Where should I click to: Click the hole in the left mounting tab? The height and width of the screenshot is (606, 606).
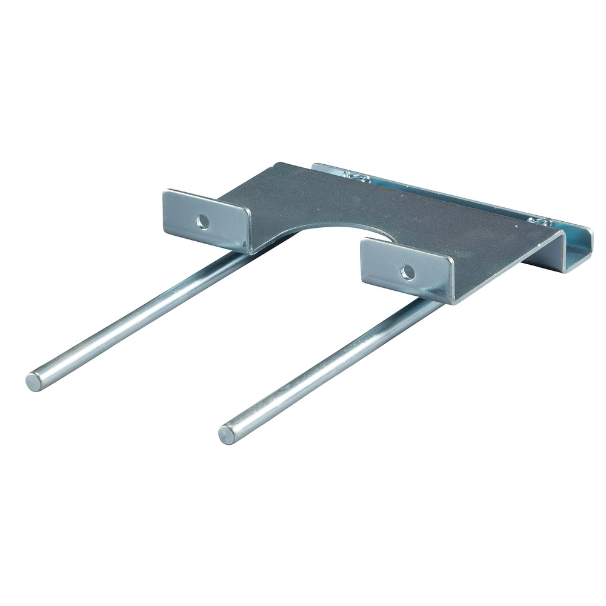pos(203,222)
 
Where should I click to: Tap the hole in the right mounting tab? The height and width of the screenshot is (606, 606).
pos(408,272)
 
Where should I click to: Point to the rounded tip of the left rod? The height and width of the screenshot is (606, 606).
pos(34,382)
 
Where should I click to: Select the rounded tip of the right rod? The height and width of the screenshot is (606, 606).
pos(227,435)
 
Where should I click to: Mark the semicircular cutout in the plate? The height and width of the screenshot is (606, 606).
pos(339,233)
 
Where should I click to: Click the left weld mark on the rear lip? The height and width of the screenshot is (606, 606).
pos(358,177)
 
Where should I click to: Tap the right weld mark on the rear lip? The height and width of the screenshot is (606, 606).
pos(539,222)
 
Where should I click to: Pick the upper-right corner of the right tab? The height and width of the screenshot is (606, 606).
pos(452,257)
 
